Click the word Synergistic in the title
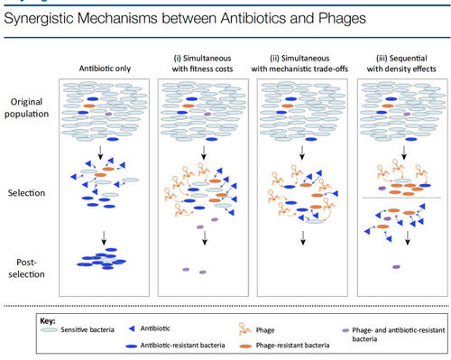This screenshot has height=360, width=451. coord(39,19)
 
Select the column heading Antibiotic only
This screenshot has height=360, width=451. coord(105,69)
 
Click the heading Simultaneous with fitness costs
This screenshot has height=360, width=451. coord(202,63)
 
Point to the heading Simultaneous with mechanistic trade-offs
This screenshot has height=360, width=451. coord(299,63)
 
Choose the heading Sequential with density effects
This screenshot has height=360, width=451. coord(401,63)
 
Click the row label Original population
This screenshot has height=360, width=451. coord(26,107)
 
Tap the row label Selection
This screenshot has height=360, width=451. coord(26,193)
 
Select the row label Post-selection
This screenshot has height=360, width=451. coord(26,268)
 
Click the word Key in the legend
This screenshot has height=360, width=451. coord(48,321)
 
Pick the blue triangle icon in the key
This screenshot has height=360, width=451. coord(132,328)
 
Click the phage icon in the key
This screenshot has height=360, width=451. coord(244,328)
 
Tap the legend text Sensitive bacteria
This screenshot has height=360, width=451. coord(87,329)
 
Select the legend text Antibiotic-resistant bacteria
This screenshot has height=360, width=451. coord(182,346)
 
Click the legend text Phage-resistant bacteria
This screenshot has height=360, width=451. coord(292,346)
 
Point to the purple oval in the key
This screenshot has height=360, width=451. coord(345,330)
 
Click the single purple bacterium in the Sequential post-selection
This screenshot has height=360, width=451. coord(397,267)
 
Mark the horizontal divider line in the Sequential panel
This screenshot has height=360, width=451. coord(401,198)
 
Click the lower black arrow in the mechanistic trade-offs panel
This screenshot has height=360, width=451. coord(303,238)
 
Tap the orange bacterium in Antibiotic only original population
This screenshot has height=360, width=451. coord(89,106)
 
